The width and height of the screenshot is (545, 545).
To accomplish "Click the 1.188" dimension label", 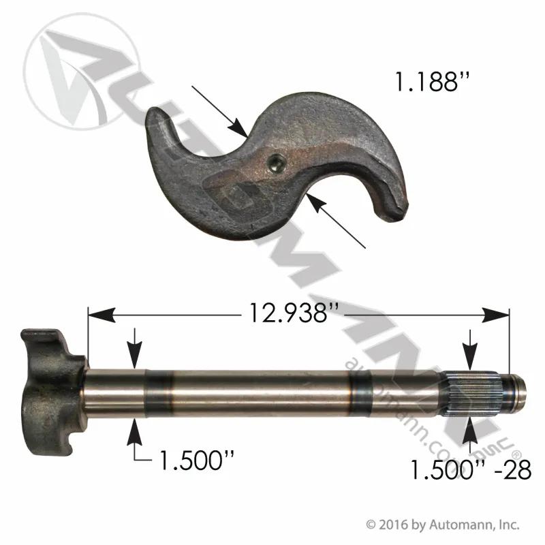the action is (x=433, y=82).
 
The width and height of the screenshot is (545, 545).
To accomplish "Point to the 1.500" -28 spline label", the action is (x=471, y=470).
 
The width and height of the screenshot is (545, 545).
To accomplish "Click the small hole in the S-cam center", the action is (x=276, y=162).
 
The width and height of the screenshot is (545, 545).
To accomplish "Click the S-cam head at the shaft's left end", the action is (x=52, y=392).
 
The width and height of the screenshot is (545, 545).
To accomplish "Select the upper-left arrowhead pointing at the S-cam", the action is (x=239, y=128).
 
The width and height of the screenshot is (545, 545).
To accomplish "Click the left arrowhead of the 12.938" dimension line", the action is (x=102, y=315).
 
